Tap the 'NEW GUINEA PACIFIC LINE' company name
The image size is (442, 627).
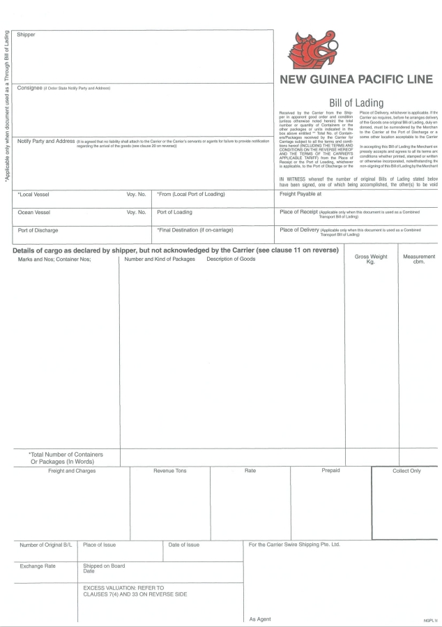point(358,80)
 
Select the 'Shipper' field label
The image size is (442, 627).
point(26,35)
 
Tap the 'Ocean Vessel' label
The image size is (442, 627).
point(34,212)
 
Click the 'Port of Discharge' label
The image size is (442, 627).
point(38,230)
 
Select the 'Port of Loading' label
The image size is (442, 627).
point(175,212)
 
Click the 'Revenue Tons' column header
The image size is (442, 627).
point(170,471)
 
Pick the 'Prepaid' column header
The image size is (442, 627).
point(330,471)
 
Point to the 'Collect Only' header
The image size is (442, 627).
point(406,471)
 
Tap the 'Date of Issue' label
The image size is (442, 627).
point(184,545)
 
